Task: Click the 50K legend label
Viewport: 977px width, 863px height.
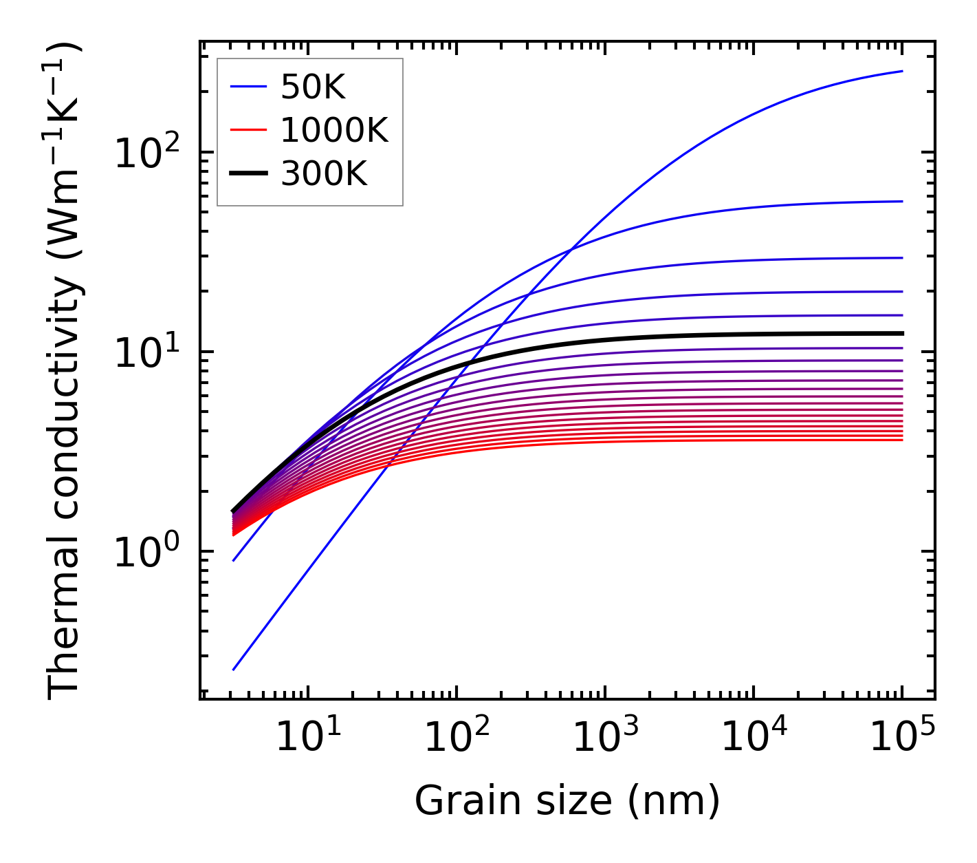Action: pos(312,87)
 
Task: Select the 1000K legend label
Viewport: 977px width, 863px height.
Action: pos(334,131)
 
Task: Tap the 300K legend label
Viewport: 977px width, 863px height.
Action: pos(324,174)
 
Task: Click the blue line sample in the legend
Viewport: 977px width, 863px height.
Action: pos(248,87)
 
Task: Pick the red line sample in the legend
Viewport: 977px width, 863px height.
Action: pos(248,130)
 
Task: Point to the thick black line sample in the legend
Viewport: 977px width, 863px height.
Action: pos(248,173)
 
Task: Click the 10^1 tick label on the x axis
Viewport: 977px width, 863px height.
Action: pos(308,738)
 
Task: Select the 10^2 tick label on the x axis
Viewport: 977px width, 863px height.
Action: pos(457,738)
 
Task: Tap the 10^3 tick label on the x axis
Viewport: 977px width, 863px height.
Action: pos(605,738)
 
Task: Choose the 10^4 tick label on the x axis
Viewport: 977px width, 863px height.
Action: pos(754,738)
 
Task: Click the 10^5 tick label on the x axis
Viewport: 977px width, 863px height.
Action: pos(902,738)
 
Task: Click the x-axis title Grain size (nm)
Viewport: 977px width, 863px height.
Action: pos(567,801)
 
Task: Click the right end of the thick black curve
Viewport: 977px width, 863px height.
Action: pos(901,333)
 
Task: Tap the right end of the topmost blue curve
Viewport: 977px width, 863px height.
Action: pos(901,71)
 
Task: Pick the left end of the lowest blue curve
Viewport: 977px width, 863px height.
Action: pos(234,669)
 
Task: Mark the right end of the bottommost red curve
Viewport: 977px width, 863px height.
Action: pos(901,440)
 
